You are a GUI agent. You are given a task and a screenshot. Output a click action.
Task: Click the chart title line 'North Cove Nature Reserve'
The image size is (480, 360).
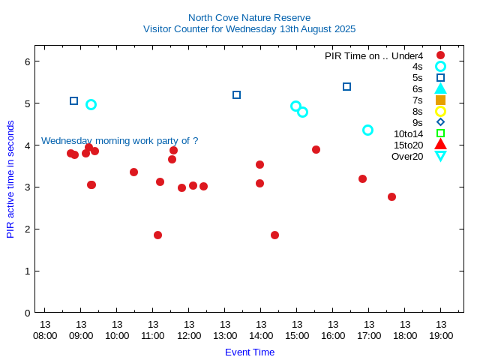(249, 17)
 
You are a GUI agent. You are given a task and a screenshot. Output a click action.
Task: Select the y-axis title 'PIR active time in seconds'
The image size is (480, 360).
(10, 179)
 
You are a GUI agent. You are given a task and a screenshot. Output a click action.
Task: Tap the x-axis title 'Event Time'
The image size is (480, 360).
(250, 352)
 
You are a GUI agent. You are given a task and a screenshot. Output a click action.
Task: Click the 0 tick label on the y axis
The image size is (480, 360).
(27, 313)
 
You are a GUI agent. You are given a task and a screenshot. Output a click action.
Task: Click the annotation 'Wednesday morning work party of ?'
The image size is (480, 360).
(119, 140)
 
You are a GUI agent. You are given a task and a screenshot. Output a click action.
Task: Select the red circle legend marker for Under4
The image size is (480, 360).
(440, 55)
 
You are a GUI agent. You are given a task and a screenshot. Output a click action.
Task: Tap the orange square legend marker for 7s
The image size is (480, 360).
(440, 100)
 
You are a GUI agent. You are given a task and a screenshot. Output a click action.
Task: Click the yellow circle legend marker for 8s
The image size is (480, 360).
(440, 111)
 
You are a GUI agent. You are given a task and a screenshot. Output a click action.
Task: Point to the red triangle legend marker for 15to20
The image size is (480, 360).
(440, 144)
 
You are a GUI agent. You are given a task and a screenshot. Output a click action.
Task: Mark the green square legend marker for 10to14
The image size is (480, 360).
(440, 133)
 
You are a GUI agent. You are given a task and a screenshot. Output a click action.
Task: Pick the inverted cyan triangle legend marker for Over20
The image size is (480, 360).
(440, 156)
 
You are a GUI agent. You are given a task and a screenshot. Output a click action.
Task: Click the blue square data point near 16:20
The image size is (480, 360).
(346, 86)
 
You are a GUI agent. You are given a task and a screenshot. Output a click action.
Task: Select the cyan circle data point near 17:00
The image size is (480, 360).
(367, 130)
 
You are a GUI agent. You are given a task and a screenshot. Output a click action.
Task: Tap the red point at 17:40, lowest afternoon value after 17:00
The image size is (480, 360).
(391, 196)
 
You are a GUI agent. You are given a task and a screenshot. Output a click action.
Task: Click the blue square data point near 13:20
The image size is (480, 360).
(236, 94)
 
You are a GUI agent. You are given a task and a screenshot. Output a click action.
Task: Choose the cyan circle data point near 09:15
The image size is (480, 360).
(91, 104)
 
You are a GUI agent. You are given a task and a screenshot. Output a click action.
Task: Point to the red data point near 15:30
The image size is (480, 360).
(316, 149)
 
